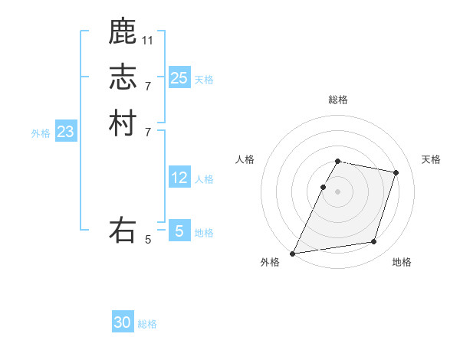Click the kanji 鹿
tap(123, 31)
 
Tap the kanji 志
tap(123, 77)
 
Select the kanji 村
tap(123, 123)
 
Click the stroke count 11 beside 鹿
tap(148, 40)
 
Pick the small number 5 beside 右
tap(148, 240)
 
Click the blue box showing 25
tap(179, 77)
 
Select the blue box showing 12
tap(179, 178)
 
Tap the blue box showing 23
tap(65, 132)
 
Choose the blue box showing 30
tap(123, 322)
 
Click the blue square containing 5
tap(179, 231)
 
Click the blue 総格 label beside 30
tap(147, 324)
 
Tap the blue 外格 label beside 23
tap(41, 133)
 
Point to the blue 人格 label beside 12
tap(204, 179)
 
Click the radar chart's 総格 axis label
tap(337, 100)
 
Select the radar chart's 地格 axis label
tap(402, 262)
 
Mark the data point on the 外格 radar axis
tap(293, 253)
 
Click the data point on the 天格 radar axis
tap(396, 172)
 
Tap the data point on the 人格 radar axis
tap(323, 187)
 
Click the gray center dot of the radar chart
tap(337, 191)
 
